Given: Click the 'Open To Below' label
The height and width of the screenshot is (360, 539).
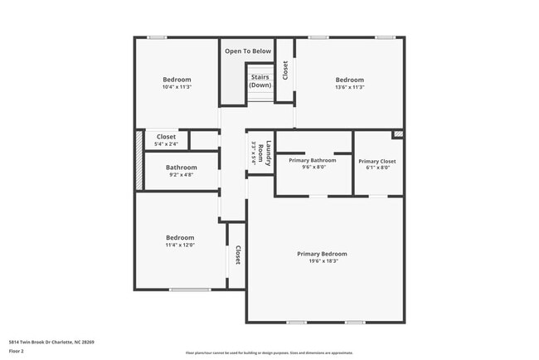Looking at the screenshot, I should pos(248,51).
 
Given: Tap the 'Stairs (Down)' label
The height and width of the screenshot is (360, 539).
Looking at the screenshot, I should pos(260,81).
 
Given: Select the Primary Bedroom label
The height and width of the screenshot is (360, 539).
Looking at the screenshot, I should pos(322,254).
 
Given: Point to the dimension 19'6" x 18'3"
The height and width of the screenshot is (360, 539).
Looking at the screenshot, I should pos(322,261).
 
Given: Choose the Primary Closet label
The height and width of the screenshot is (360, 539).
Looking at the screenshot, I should pos(377,161).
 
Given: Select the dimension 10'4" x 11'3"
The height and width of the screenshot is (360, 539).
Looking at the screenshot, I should pos(177,87).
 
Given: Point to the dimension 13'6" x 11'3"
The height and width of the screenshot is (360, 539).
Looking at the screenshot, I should pos(349,87).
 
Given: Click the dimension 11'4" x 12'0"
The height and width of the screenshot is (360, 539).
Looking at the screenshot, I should pos(180,245).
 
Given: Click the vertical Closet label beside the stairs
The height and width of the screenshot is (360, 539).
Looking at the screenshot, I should pos(285,70).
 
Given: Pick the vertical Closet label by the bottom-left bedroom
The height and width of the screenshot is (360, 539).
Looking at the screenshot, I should pos(237,255).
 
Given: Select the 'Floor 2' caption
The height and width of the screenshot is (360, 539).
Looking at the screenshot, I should pos(17,351).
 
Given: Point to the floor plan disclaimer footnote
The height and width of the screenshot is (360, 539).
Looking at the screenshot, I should pos(269,353).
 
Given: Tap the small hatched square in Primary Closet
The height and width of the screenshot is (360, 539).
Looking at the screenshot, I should pos(398,134).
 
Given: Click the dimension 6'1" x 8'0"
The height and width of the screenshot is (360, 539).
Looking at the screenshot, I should pos(377,168).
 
